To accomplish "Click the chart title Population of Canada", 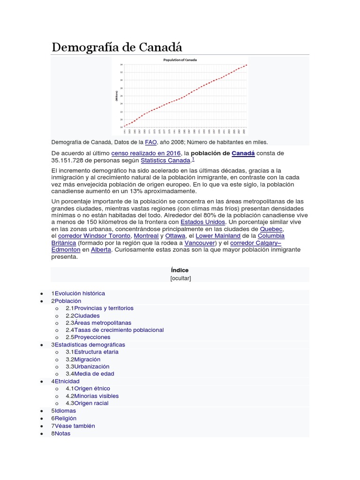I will click(180, 60).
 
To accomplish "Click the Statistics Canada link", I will click(166, 160).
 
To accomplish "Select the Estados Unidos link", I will click(203, 222).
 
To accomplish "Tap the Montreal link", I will click(146, 236).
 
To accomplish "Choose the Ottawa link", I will click(175, 236).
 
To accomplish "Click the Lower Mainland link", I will click(218, 236).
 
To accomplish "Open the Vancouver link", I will click(200, 243).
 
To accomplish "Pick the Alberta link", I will click(101, 250).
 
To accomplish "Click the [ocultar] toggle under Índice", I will click(180, 278).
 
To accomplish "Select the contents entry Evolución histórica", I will click(80, 293).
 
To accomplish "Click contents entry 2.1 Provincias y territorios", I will click(104, 308).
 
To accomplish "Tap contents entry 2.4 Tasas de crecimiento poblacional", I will click(119, 330).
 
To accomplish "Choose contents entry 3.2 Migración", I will click(87, 359).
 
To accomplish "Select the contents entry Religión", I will click(66, 418).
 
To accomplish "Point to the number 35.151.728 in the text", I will click(71, 160).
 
